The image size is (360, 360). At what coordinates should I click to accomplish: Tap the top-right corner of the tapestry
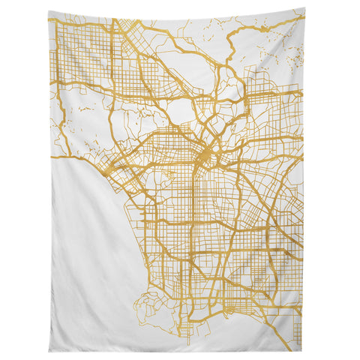click(x=304, y=9)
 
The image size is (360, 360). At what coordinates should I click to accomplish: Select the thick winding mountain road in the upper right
click(x=240, y=45)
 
